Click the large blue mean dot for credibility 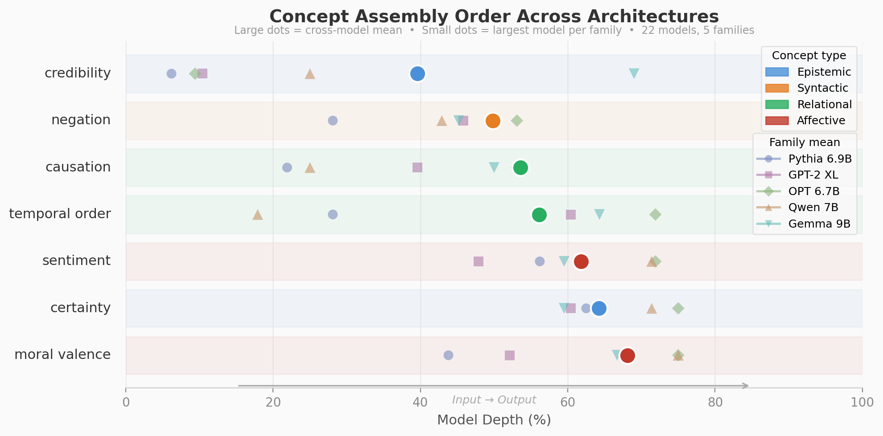(x=417, y=73)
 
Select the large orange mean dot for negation (x=493, y=121)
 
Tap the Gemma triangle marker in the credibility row (x=634, y=73)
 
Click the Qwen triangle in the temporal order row (x=257, y=215)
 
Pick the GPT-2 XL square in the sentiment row (x=479, y=261)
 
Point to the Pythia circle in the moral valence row (x=449, y=355)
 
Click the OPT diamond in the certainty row (x=678, y=308)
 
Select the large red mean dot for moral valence (x=627, y=355)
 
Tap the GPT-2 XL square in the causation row (x=417, y=167)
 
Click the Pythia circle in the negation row (x=333, y=121)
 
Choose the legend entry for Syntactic (x=822, y=88)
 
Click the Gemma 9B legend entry (x=819, y=224)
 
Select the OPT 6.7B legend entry (x=813, y=191)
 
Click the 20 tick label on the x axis (x=273, y=402)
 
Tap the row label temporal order (x=60, y=214)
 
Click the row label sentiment (x=76, y=261)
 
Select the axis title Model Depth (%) (x=494, y=420)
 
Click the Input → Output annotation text (x=494, y=400)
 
